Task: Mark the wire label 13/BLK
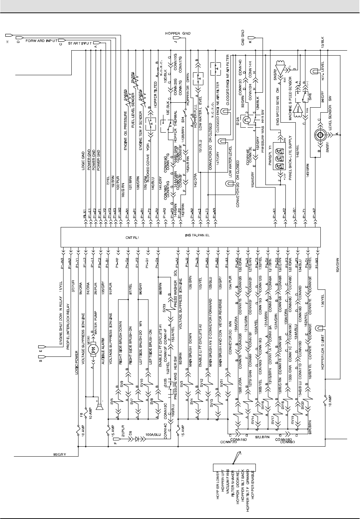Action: coord(323,42)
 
